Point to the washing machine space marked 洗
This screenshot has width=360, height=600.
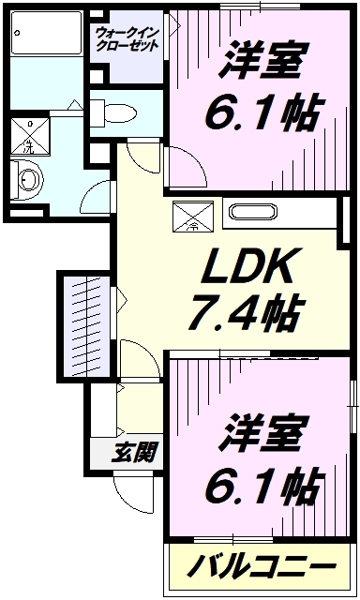tap(29, 137)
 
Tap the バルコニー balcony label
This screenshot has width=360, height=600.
tap(260, 567)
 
